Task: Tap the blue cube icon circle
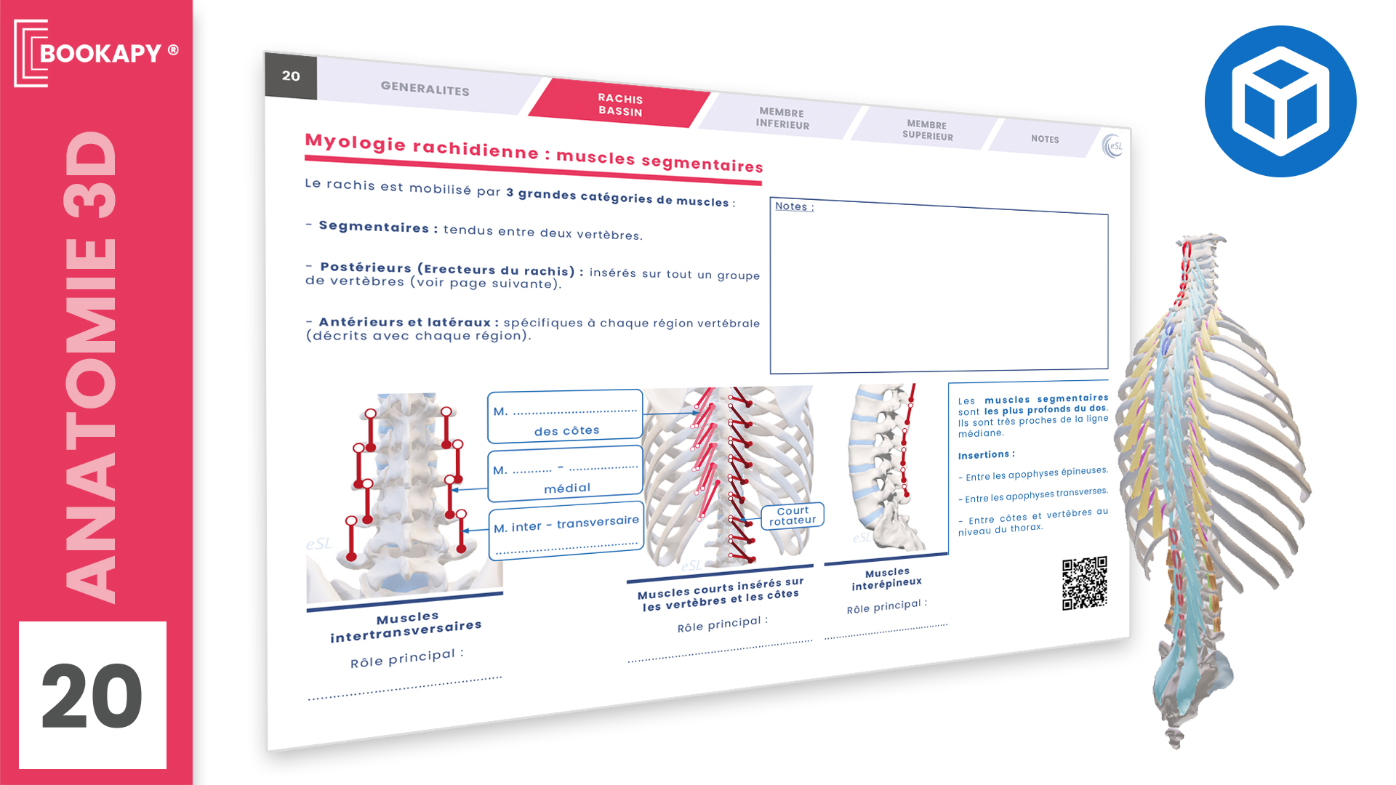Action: [1280, 101]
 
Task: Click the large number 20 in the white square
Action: [92, 696]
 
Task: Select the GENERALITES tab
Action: [425, 89]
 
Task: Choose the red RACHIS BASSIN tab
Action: [620, 105]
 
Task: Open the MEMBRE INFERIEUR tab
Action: [782, 118]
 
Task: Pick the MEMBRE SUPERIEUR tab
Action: [927, 130]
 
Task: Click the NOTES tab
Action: [1045, 139]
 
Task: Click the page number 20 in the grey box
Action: [291, 76]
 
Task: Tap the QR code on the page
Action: [1084, 583]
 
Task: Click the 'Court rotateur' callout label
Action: [793, 515]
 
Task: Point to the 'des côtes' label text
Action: [566, 431]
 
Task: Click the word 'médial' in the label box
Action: [567, 488]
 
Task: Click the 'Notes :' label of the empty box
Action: [794, 206]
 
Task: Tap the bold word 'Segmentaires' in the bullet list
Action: [374, 227]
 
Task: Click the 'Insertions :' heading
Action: [986, 455]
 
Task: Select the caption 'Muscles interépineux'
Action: [887, 579]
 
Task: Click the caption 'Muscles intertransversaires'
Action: [406, 627]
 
